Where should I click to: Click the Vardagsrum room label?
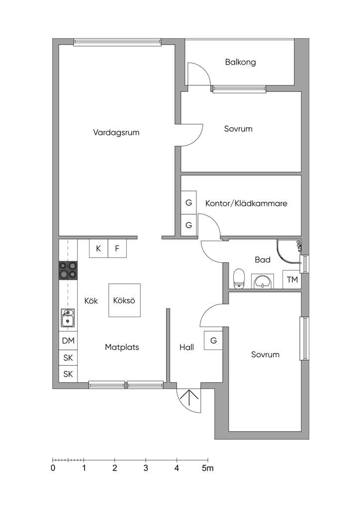(x=116, y=132)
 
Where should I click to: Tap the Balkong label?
(x=240, y=62)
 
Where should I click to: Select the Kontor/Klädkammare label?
(x=246, y=203)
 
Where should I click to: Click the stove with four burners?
(x=68, y=270)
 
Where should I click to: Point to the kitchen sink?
(x=68, y=318)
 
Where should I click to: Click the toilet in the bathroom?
(x=239, y=278)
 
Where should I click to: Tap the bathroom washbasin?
(x=262, y=281)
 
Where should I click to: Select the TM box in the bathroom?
(x=292, y=279)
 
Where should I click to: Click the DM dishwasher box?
(x=68, y=341)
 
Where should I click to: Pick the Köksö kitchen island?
(x=124, y=300)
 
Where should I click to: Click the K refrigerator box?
(x=98, y=249)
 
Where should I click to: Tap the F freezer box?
(x=117, y=249)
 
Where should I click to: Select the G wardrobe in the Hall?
(x=213, y=340)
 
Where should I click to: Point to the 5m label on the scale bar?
(x=208, y=468)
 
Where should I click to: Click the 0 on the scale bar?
(x=53, y=468)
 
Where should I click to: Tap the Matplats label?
(x=122, y=347)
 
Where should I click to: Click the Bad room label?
(x=263, y=259)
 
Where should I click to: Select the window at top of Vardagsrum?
(x=117, y=42)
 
